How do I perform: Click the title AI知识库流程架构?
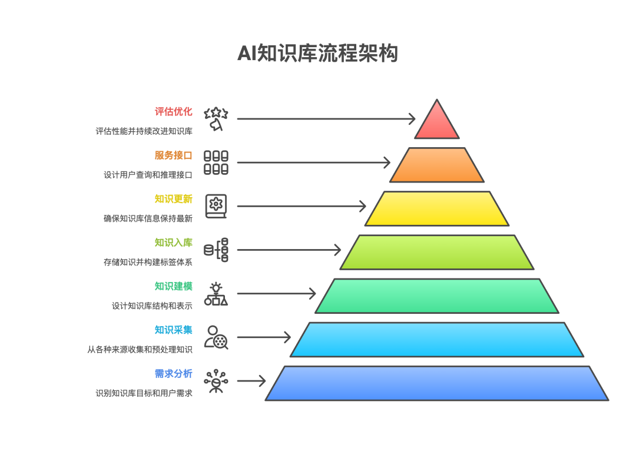coord(317,54)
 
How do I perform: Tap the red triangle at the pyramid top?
coord(436,122)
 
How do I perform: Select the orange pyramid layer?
coord(436,165)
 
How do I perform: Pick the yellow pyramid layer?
coord(436,208)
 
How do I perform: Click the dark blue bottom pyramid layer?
coord(436,383)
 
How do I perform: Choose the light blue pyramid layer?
coord(436,339)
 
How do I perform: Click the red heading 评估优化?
coord(173,111)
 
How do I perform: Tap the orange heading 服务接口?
coord(173,155)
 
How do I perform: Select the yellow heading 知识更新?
coord(173,199)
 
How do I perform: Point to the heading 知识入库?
coord(173,243)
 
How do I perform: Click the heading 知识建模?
coord(173,286)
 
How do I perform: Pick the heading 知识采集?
coord(173,330)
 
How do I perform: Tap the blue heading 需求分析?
coord(173,374)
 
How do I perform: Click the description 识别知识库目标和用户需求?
coord(144,393)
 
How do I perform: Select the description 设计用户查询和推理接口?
coord(148,175)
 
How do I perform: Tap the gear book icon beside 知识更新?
coord(216,206)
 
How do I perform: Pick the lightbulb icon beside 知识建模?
coord(216,294)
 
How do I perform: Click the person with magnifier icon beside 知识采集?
coord(216,337)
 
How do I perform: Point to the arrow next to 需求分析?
coord(251,382)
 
